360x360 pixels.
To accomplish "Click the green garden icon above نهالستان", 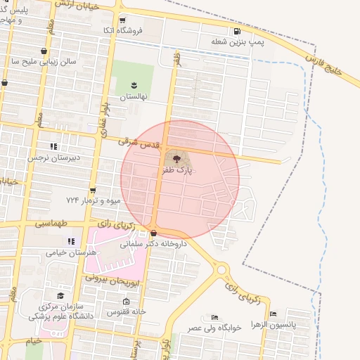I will pos(134,85).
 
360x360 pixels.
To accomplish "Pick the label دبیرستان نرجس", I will pos(54,157).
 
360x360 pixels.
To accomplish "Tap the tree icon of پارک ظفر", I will pos(176,160).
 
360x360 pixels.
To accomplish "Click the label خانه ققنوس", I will pos(126,311).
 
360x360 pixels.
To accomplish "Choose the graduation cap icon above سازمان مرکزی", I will pos(60,296).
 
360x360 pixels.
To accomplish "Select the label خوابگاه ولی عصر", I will pos(214,328).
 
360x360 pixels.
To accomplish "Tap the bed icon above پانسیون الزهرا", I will pos(273,314).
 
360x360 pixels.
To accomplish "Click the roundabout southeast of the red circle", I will pos(223,269).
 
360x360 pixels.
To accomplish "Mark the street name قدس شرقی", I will pos(137,143).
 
